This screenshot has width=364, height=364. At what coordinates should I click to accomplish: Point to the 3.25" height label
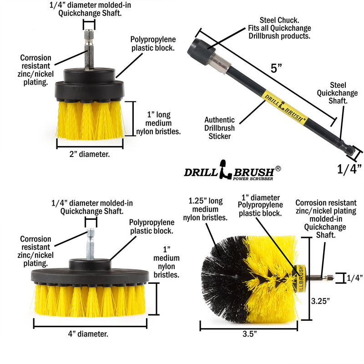[x=321, y=301]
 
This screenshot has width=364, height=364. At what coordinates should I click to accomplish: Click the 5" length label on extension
[x=277, y=69]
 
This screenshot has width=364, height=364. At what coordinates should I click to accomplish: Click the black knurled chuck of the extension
[x=204, y=48]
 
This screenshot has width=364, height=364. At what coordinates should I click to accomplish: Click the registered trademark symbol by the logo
[x=278, y=168]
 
